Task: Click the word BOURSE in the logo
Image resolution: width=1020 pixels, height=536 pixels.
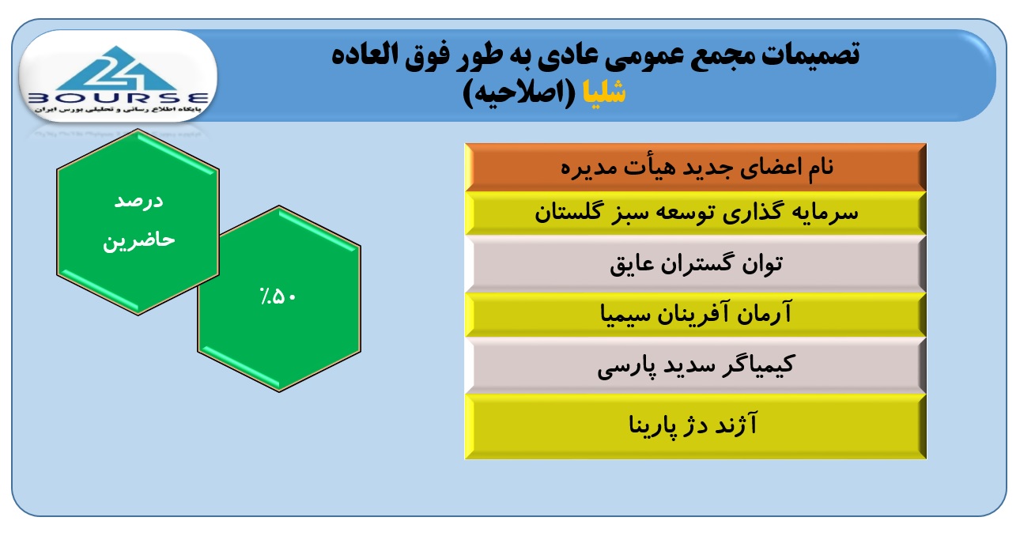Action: (119, 98)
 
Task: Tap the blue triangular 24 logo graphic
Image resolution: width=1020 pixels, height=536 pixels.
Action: (116, 68)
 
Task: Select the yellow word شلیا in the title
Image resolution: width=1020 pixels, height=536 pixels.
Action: (604, 92)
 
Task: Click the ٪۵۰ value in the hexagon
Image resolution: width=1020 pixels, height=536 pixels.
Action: (278, 297)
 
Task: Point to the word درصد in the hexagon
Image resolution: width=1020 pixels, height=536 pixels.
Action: (138, 201)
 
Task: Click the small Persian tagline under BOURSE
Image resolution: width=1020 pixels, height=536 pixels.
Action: (118, 110)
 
